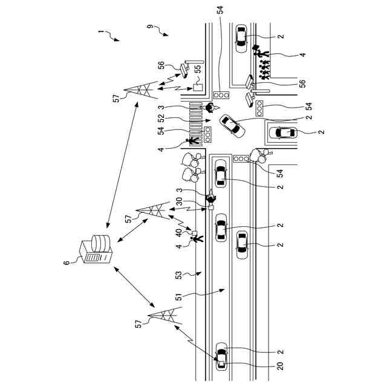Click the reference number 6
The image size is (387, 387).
pos(67,262)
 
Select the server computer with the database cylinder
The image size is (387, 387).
pos(96,249)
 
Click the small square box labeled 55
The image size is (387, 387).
pos(198,88)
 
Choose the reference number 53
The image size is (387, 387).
pos(178,275)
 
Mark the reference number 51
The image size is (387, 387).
pos(178,296)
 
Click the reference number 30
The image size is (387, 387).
pos(180,201)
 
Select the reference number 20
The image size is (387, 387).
pos(281,366)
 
